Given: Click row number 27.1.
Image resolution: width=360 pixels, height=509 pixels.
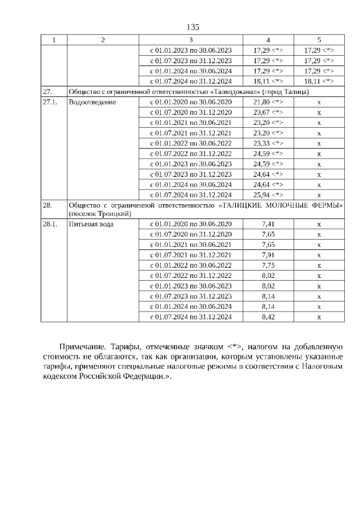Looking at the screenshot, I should click(x=50, y=102).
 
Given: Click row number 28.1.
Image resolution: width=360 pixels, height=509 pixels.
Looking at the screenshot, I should click(x=50, y=224).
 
